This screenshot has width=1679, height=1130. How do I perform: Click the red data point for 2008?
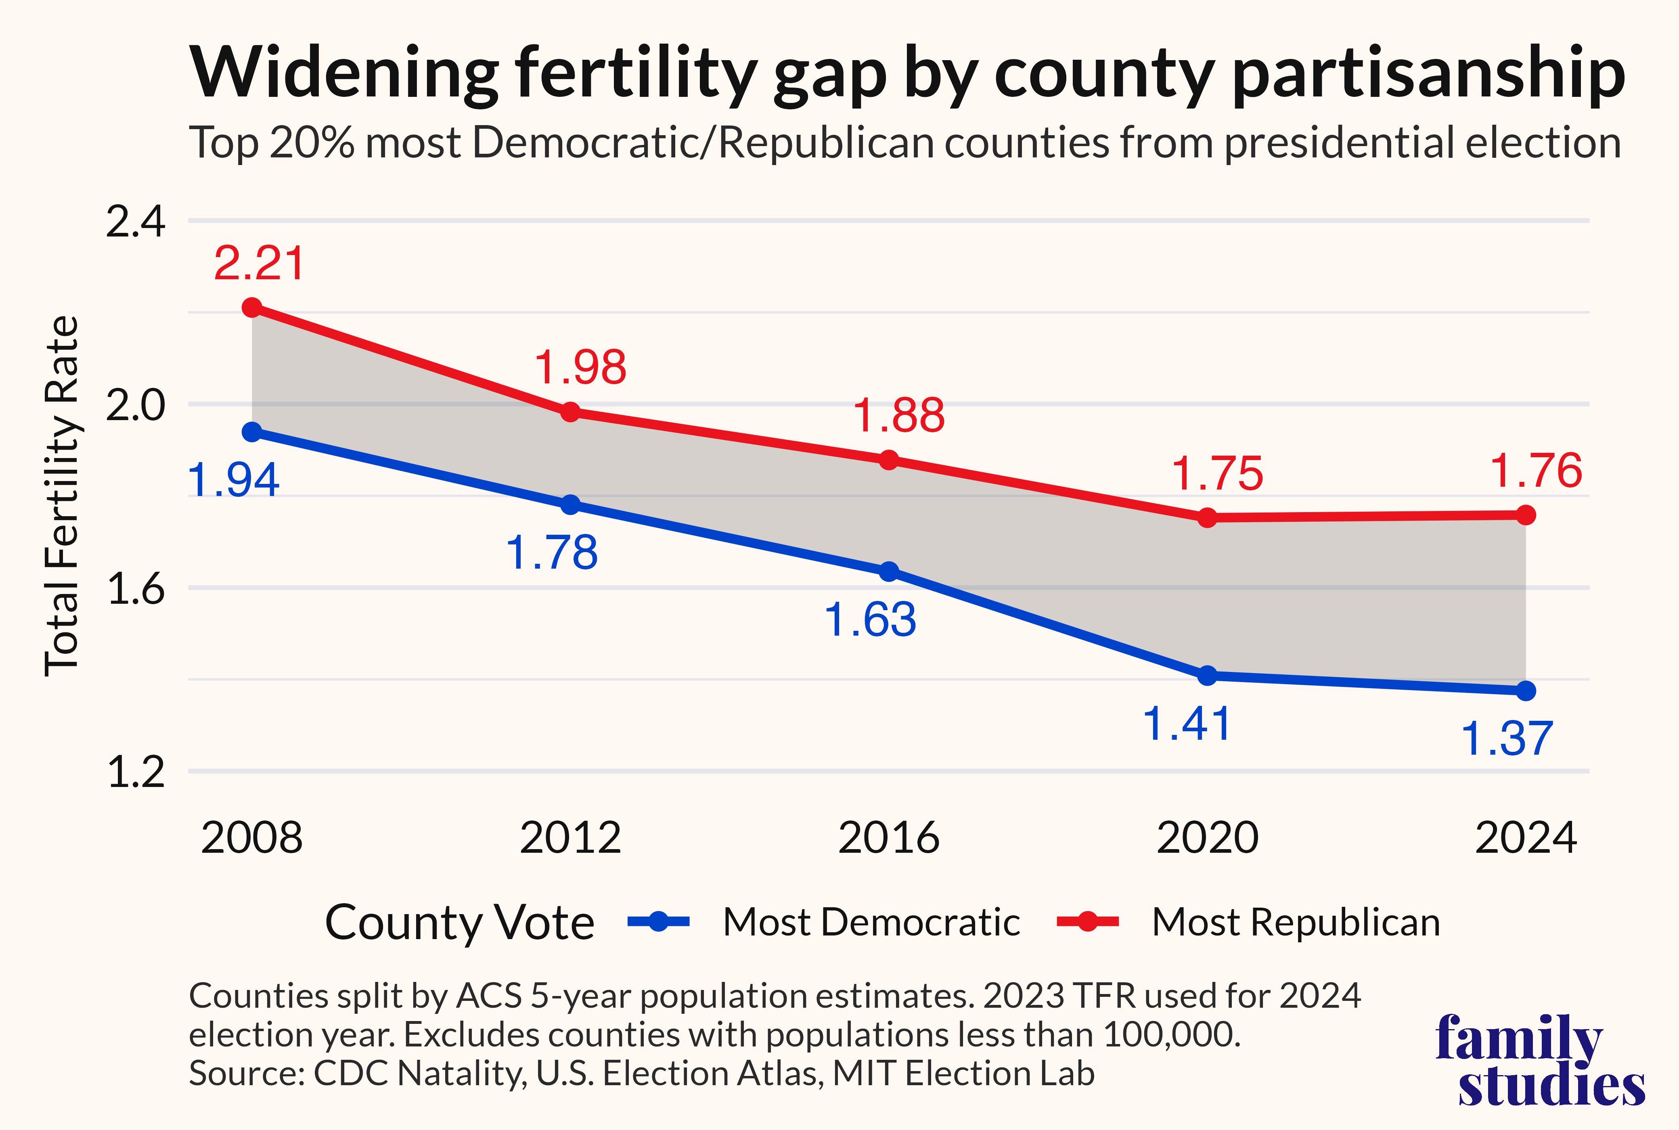click(251, 308)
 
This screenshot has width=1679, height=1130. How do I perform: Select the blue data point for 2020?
click(1208, 675)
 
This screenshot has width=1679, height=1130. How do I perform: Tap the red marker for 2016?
click(889, 460)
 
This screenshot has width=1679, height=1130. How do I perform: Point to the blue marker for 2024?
click(1526, 691)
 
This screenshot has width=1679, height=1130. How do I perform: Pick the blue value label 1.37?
click(1506, 739)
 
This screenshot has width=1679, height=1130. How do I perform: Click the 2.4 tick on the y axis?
click(136, 221)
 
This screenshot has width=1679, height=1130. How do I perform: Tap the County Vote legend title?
click(460, 923)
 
